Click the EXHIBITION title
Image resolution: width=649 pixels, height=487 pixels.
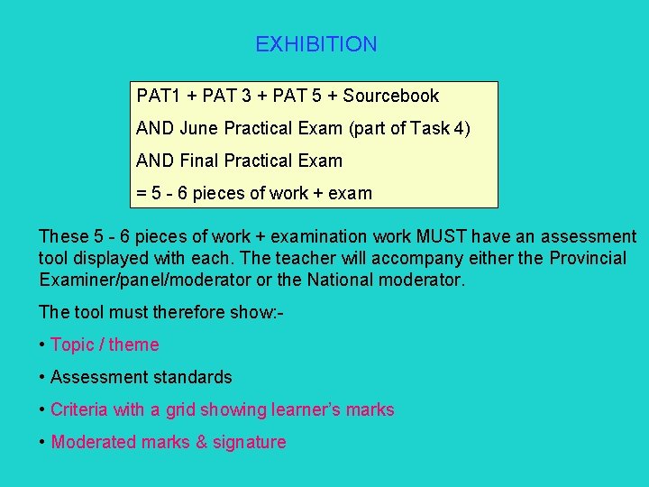click(315, 44)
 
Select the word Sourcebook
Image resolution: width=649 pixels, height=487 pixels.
click(390, 96)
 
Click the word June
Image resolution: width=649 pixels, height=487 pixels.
click(199, 128)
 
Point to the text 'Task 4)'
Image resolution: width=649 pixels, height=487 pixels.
click(440, 128)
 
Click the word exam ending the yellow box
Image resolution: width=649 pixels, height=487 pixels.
click(351, 193)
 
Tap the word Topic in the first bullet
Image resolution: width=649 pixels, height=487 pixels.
click(71, 345)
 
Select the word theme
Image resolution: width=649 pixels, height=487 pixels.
click(134, 345)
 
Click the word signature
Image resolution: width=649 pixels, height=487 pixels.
click(249, 442)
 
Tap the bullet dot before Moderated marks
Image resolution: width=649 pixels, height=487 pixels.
click(42, 442)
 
